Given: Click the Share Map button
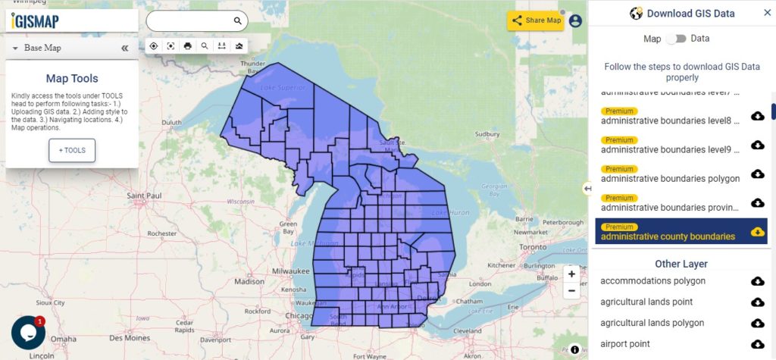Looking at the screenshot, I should [x=536, y=20].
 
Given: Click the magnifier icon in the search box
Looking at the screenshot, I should [x=237, y=21].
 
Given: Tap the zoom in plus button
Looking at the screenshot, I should [x=571, y=274].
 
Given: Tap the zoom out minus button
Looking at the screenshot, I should [x=571, y=291].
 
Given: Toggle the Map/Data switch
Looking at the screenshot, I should [x=676, y=38].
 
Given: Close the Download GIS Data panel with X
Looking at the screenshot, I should [x=767, y=13].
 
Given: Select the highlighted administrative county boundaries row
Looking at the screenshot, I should [x=668, y=236].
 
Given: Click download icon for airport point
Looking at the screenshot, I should [x=757, y=344].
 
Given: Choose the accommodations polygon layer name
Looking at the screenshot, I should [x=652, y=281].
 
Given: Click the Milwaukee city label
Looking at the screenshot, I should [x=291, y=271].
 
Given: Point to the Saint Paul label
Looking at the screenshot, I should [x=145, y=196].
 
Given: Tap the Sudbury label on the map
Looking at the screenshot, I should [x=487, y=134].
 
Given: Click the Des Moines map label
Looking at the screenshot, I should [x=130, y=338].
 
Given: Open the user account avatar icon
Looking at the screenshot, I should [x=575, y=21].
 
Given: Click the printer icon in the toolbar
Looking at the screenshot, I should [x=188, y=46].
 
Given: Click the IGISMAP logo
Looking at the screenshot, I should [x=36, y=21].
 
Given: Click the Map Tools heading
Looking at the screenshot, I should [x=72, y=78].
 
